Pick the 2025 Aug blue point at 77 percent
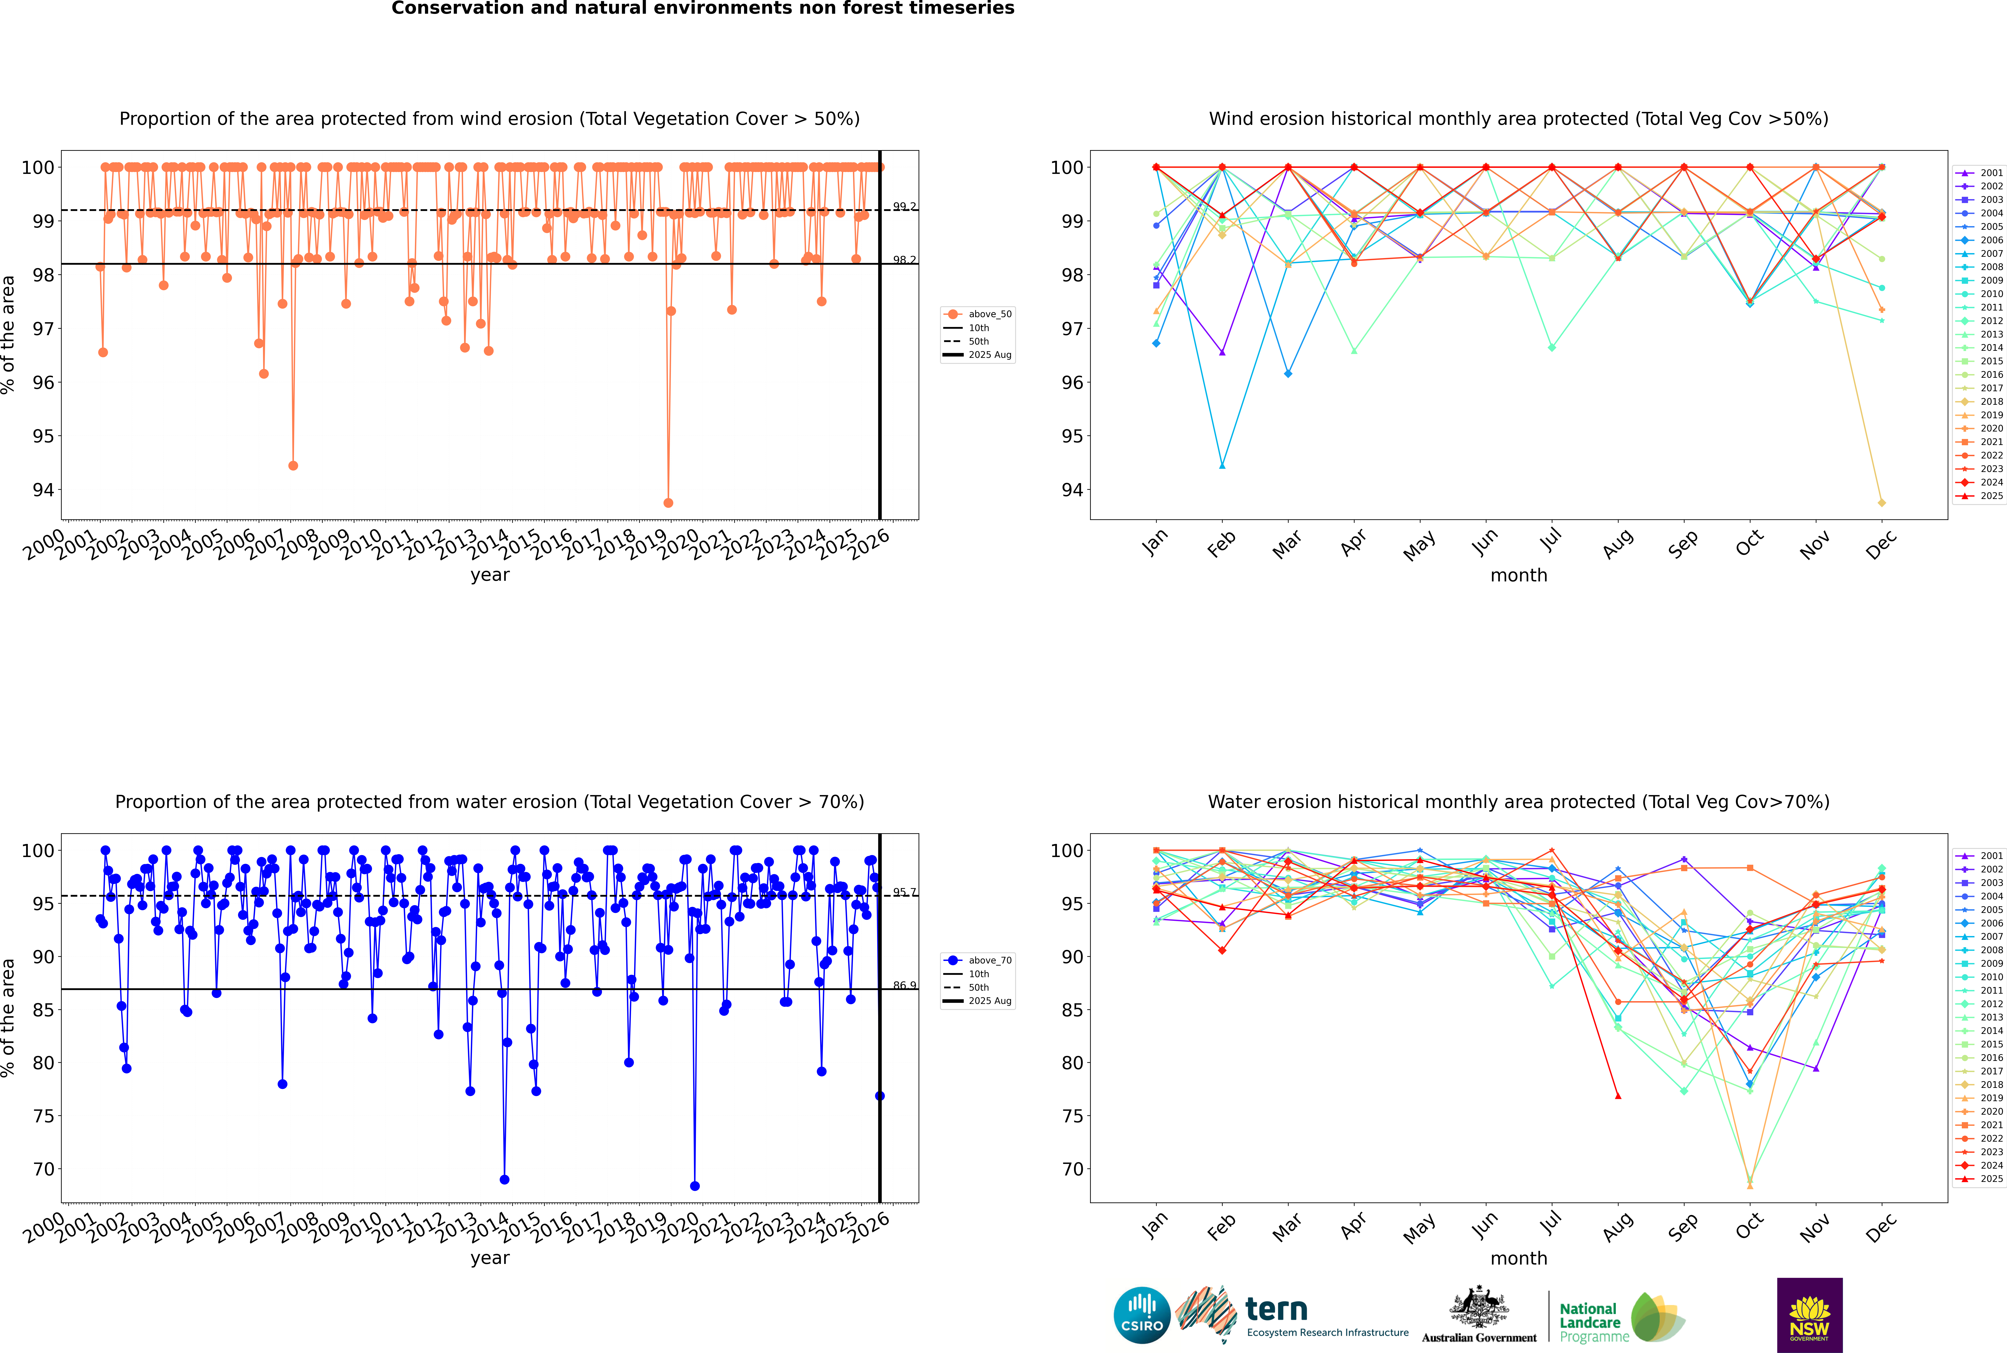tap(879, 1096)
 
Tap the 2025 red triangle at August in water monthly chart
tap(1618, 1096)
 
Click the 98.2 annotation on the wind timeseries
tap(904, 260)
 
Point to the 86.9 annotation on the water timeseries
tap(904, 986)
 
